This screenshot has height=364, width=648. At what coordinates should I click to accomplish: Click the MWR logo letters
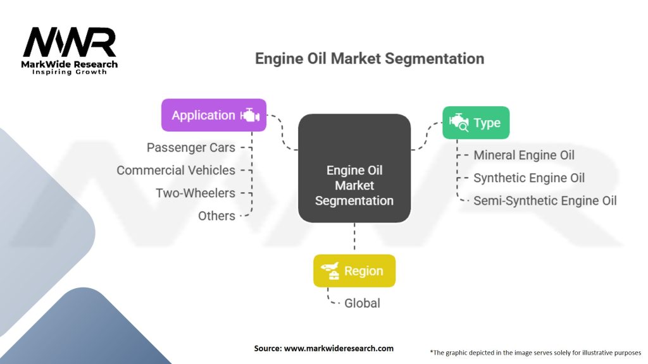[70, 43]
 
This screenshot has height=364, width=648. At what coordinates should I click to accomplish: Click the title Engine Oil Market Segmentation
[370, 59]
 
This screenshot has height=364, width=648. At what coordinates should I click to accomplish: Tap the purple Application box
[213, 115]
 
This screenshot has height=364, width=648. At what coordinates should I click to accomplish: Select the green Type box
[475, 123]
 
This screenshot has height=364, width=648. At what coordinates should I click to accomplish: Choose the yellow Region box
[354, 271]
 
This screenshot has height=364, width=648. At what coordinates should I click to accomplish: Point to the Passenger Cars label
[191, 148]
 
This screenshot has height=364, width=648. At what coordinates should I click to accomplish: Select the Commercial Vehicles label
[176, 171]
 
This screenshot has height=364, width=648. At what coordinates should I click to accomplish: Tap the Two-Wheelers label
[196, 193]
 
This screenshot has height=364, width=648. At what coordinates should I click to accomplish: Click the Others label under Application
[216, 216]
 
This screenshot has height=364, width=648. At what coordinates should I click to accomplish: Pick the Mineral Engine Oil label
[524, 155]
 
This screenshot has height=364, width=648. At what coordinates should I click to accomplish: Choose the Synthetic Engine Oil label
[529, 178]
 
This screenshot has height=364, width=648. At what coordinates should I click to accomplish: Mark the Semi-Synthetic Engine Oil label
[545, 201]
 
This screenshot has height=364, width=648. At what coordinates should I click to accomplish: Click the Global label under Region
[362, 303]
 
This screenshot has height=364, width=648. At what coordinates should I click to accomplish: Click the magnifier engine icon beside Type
[458, 123]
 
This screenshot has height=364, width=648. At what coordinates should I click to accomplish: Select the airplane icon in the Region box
[330, 271]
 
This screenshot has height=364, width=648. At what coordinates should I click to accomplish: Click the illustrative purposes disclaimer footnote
[535, 352]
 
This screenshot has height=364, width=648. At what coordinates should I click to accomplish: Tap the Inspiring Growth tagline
[70, 72]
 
